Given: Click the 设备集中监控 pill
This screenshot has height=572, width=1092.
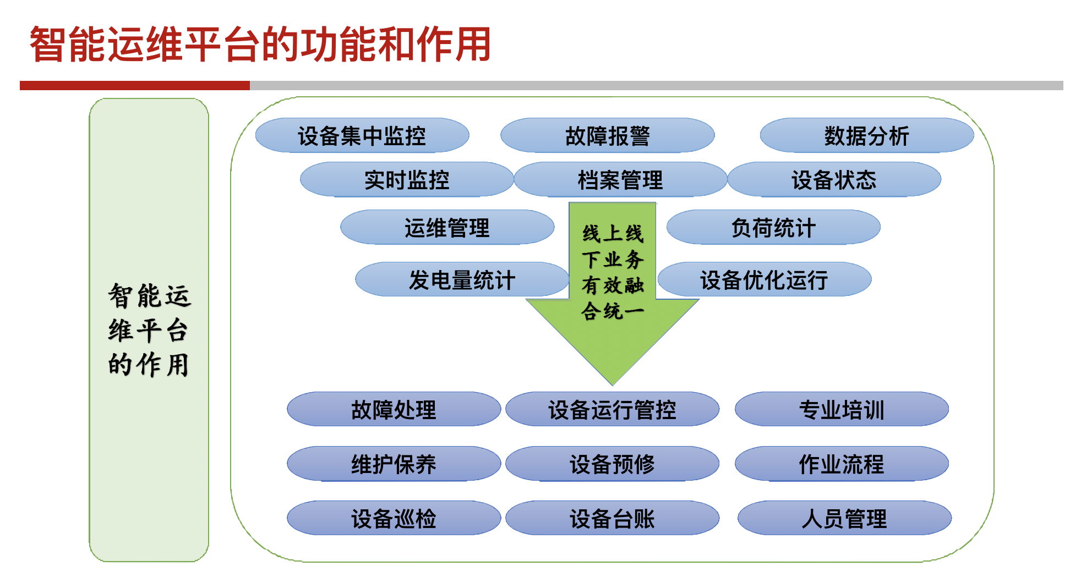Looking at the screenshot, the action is tap(362, 135).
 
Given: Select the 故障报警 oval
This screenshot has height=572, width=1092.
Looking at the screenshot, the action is tap(608, 135).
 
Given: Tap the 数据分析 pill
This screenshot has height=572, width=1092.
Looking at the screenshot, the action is tap(867, 135).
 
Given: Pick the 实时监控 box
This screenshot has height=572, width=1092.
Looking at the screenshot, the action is tap(407, 179).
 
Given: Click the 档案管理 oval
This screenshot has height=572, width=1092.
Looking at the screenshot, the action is tap(620, 179).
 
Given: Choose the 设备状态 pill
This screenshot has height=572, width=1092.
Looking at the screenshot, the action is tap(834, 179).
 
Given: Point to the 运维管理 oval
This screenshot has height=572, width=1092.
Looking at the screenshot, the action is tap(447, 227).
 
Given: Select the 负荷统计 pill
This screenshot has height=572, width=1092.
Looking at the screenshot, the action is tap(773, 227).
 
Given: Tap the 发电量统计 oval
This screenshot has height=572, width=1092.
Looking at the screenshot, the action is tap(462, 279).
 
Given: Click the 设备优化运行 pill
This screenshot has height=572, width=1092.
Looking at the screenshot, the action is tap(765, 279).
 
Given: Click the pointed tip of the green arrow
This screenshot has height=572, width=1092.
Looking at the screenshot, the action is tap(613, 385).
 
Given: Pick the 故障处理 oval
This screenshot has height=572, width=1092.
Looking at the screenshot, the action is tap(394, 409).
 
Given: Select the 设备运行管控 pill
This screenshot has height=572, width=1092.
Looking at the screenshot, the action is tap(612, 409).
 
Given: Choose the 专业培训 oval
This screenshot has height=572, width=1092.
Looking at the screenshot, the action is tap(842, 409).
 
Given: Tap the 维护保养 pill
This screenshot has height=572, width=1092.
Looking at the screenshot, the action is tap(394, 464).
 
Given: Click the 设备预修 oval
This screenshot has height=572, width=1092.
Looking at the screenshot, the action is tap(612, 464).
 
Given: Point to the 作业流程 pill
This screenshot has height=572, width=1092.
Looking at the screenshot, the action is tap(842, 464).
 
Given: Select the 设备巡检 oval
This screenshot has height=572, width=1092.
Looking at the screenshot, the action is tap(394, 518).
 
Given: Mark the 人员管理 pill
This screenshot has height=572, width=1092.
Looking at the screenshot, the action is tap(844, 518).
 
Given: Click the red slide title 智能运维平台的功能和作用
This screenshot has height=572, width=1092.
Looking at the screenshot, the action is tap(260, 44).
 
